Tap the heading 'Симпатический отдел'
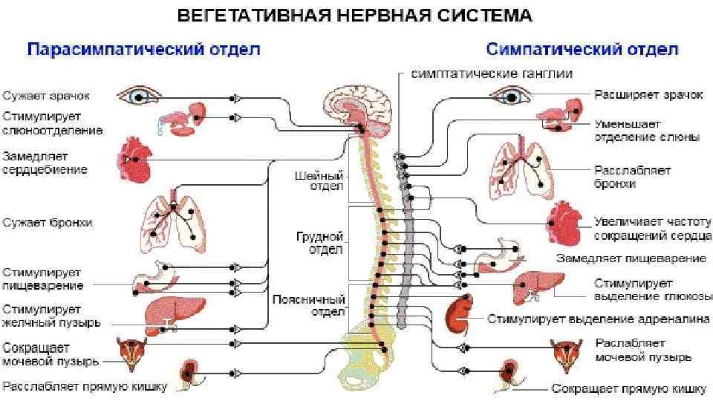[x=582, y=50]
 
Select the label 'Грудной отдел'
[x=325, y=243]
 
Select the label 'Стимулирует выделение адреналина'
[x=598, y=319]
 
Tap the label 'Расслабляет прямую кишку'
[x=85, y=386]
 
